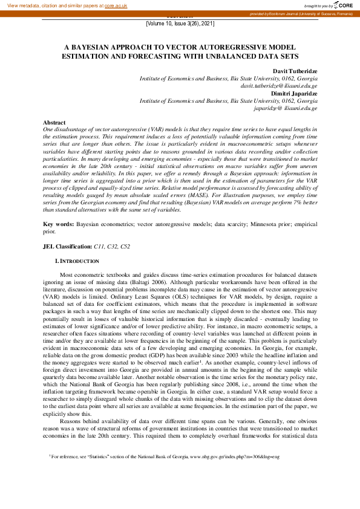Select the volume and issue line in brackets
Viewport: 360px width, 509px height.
(x=180, y=23)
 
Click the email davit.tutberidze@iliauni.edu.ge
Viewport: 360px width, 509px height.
(x=279, y=86)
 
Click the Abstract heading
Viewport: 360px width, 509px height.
(x=54, y=123)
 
